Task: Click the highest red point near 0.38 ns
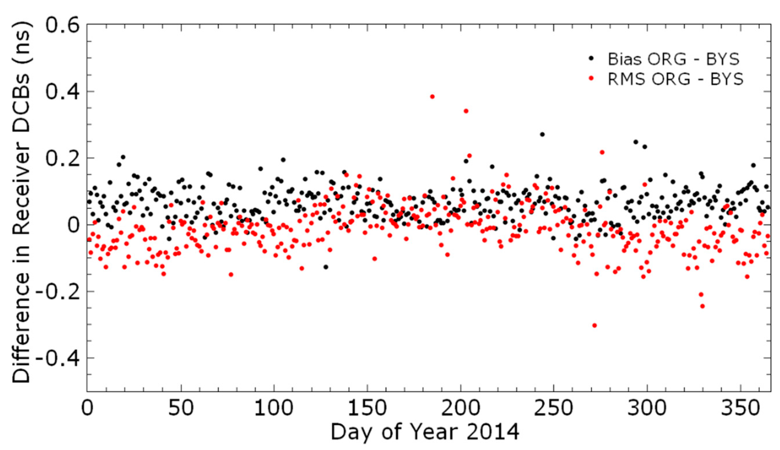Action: [432, 97]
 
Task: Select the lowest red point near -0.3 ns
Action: [594, 325]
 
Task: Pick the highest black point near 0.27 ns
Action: [542, 134]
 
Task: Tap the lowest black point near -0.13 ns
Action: [326, 267]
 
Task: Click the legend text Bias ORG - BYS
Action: [673, 59]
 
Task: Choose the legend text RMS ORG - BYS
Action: [675, 79]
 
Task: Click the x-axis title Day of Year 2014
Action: [425, 432]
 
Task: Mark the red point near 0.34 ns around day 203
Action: [466, 111]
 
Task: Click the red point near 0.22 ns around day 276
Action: [602, 152]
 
